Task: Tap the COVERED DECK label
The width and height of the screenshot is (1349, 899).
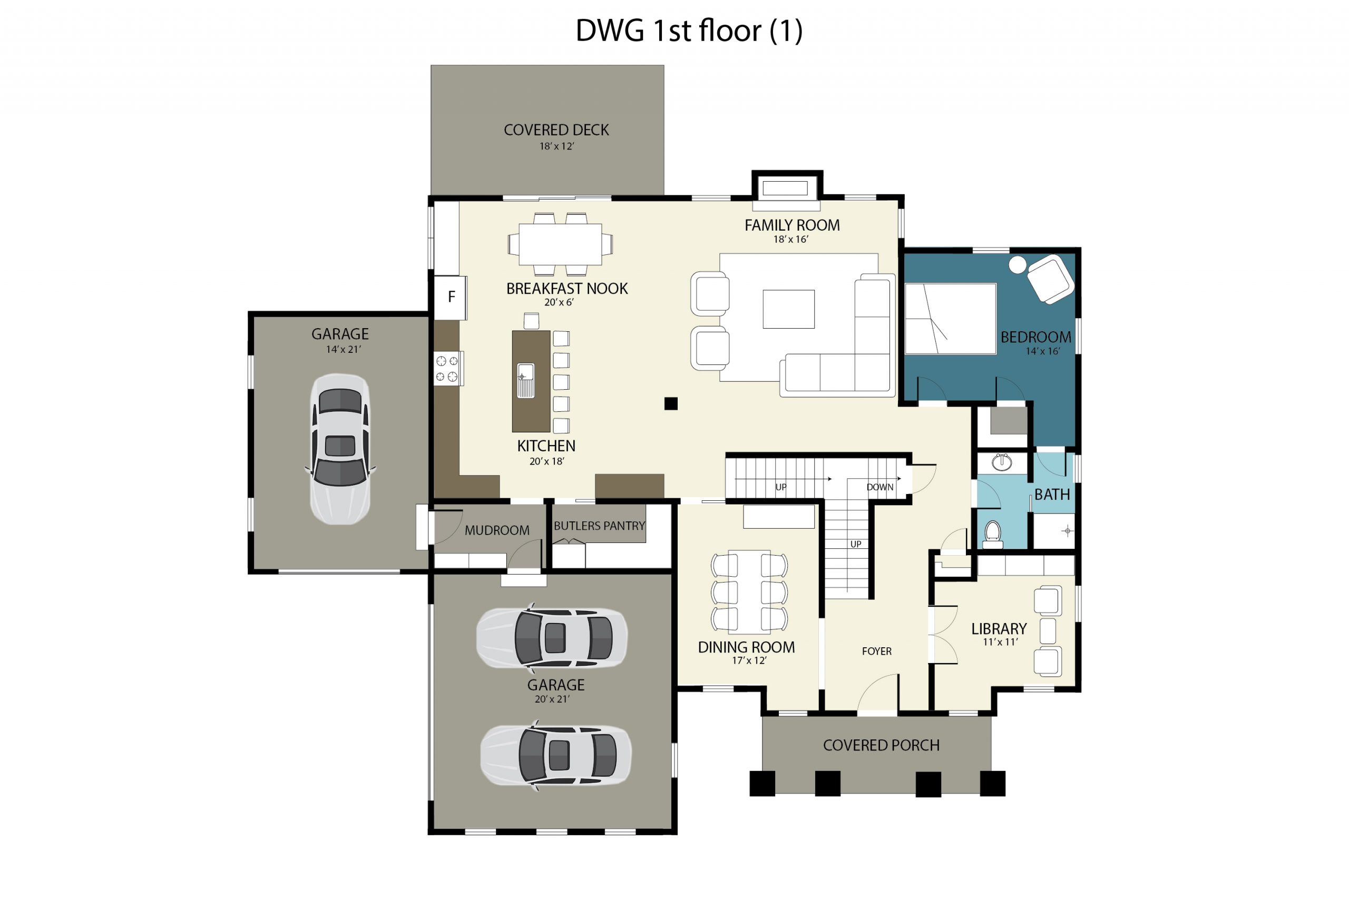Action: point(556,130)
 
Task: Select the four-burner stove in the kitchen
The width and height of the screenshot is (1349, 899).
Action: point(447,369)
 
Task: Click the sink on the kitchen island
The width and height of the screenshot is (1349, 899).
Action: point(525,380)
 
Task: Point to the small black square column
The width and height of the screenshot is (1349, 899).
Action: point(670,403)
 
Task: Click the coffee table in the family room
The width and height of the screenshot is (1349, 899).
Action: point(788,309)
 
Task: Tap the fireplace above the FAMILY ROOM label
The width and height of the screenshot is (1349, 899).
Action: point(785,188)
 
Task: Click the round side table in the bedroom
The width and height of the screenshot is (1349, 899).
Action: point(1017,265)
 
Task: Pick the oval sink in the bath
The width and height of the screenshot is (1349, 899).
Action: point(1001,462)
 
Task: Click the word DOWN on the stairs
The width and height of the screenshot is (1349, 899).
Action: point(879,487)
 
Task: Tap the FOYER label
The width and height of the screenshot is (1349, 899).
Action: point(876,651)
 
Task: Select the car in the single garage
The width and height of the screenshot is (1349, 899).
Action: point(339,449)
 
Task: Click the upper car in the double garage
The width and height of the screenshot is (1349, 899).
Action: point(552,638)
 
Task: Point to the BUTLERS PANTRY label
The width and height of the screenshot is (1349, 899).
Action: point(599,526)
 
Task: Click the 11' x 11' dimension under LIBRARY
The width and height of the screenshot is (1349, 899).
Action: point(1000,642)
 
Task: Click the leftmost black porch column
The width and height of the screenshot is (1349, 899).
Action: point(763,784)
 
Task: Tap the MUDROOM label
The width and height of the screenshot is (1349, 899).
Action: point(497,530)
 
